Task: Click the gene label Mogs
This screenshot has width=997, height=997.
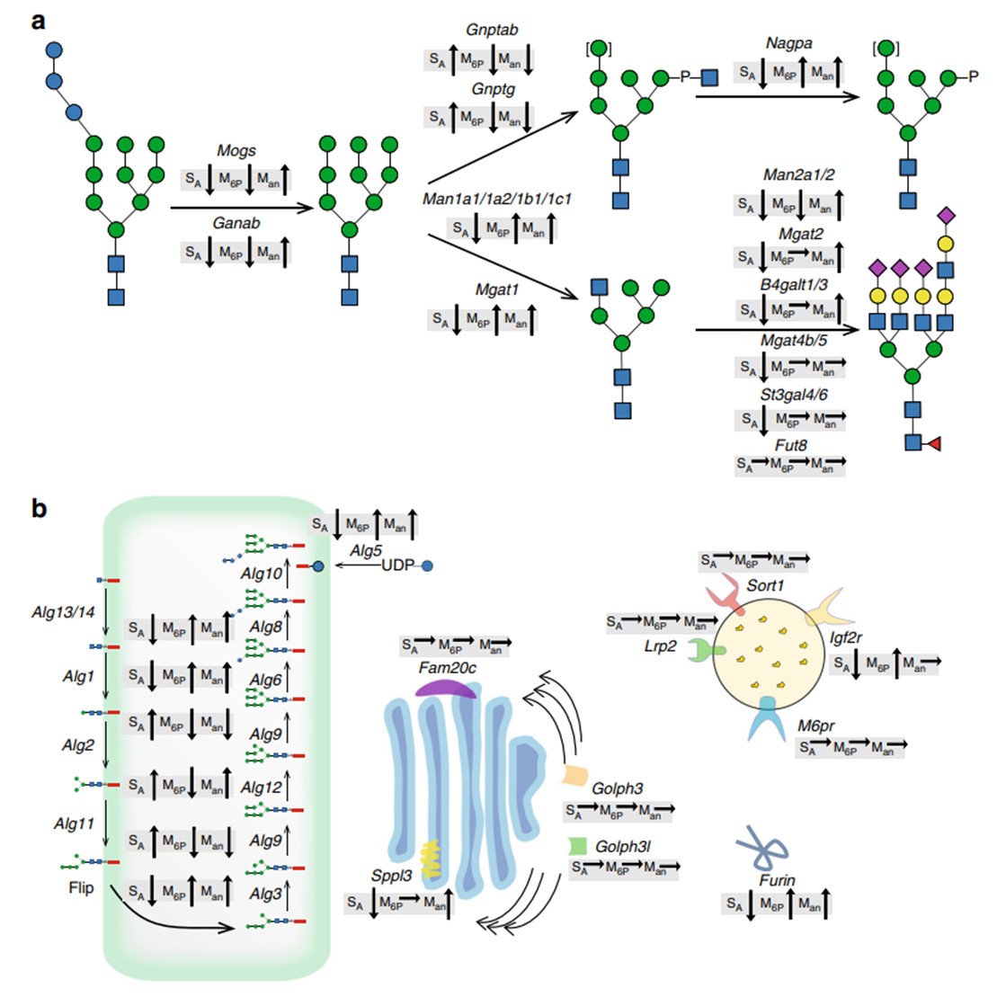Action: [x=236, y=151]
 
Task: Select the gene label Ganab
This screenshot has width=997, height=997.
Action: [x=236, y=223]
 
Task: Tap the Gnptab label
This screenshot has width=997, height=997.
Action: [x=491, y=30]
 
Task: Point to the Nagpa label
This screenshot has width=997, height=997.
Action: [x=788, y=43]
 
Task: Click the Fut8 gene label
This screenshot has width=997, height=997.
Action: [x=791, y=445]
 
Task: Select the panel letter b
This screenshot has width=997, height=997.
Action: [x=40, y=509]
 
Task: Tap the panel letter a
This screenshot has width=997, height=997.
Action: [x=38, y=20]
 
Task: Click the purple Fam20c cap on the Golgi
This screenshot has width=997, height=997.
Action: [x=447, y=688]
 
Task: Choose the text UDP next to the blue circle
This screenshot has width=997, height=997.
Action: [x=398, y=565]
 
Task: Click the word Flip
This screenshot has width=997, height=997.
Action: [x=80, y=888]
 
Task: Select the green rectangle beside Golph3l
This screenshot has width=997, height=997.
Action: [x=578, y=846]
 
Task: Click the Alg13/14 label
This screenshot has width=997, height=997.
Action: [x=63, y=613]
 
